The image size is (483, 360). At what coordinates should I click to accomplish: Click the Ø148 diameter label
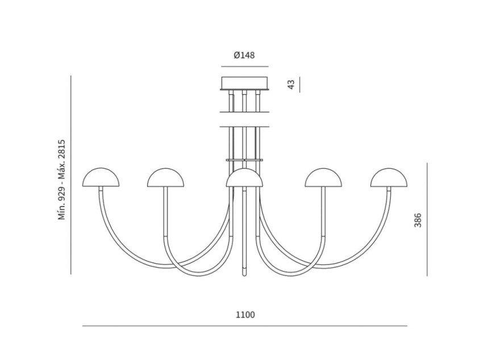point(244,56)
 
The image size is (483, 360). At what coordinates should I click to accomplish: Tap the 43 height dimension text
point(291,84)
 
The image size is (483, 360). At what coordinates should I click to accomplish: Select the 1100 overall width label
point(245,315)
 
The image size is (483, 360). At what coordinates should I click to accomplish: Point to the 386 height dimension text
point(418,220)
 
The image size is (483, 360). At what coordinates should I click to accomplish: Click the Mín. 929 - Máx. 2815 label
point(63,180)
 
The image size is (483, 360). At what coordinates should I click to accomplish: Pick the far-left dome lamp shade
point(101,177)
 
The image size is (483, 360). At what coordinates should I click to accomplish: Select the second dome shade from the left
point(166,177)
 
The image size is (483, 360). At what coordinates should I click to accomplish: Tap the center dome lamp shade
point(244,177)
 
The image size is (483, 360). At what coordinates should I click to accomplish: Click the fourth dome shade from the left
point(323,177)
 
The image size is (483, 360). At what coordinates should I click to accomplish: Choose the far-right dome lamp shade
point(389,177)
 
